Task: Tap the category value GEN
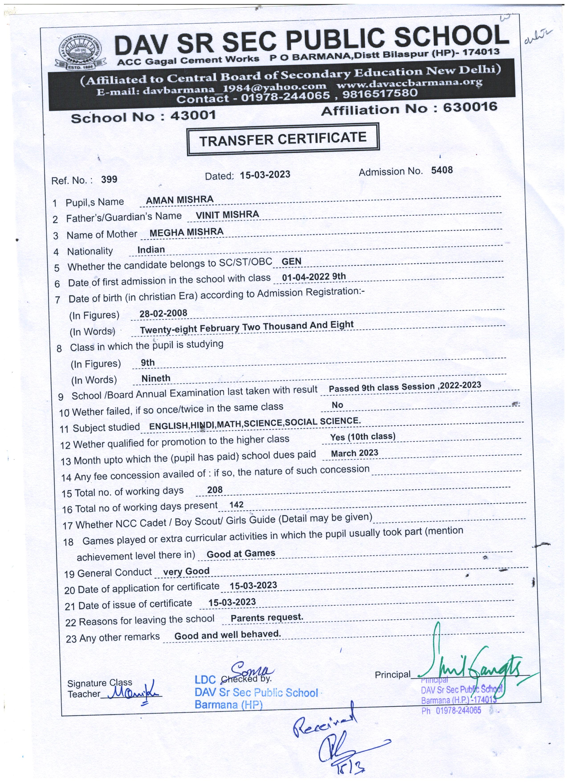coord(291,261)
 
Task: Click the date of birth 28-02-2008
coord(163,313)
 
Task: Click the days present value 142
coord(236,505)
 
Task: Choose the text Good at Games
coord(241,554)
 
